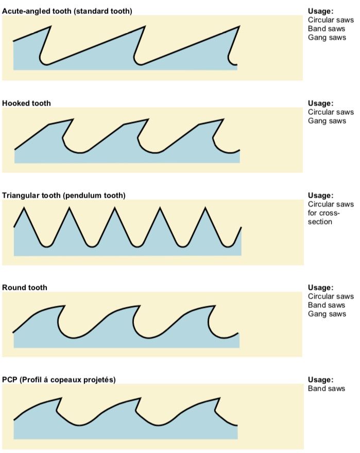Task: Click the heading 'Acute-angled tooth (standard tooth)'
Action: pos(66,11)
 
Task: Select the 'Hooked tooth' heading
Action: pos(26,103)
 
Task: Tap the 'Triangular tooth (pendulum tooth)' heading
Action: pos(64,195)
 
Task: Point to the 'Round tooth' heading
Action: pos(24,287)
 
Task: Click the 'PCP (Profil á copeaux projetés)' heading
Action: pos(59,379)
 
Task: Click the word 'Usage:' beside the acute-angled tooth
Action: pos(320,11)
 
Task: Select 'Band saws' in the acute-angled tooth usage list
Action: pos(327,29)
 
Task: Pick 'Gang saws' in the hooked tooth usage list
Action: pos(327,121)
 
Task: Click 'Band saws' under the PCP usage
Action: pos(327,388)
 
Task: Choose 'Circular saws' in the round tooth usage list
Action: pos(331,296)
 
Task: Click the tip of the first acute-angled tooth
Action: pos(50,26)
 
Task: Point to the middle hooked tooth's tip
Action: pos(148,119)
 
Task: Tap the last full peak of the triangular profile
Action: pos(205,207)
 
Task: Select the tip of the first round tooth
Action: pos(65,306)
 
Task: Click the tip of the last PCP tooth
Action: pos(220,398)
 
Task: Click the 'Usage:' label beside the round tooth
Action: pos(320,287)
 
